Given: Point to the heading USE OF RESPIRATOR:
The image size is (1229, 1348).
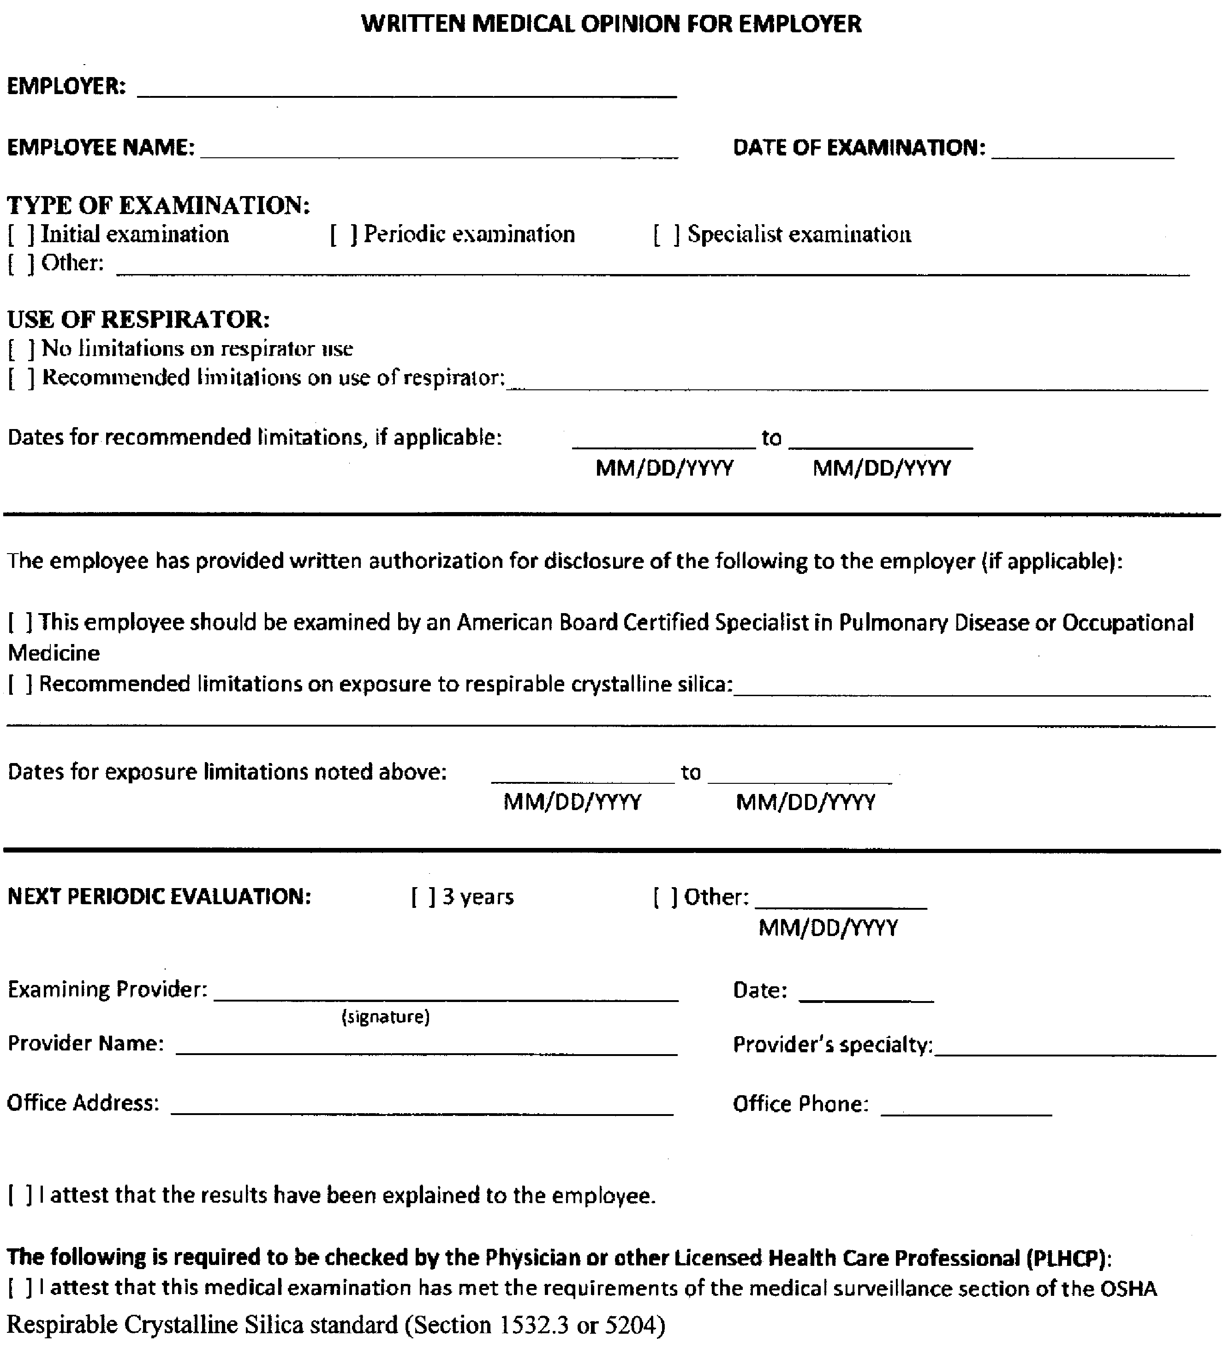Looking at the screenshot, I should pos(138,320).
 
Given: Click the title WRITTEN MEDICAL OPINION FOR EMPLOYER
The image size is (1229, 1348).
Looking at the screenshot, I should pos(611,24).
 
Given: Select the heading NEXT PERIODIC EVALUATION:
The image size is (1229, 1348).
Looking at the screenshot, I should pos(159,897).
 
